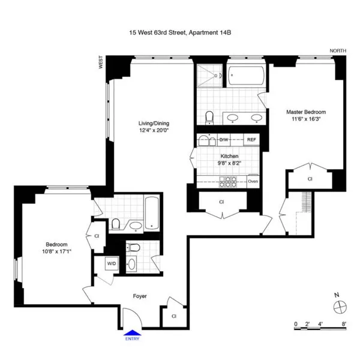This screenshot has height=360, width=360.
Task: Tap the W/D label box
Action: pos(112,263)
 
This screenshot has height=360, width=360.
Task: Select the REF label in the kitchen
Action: pos(251,140)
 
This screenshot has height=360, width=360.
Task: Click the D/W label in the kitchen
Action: pos(223,140)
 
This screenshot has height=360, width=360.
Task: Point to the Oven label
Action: pos(253,181)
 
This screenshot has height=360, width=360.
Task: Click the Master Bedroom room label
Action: pos(305,112)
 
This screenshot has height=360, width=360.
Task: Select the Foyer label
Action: pos(139,296)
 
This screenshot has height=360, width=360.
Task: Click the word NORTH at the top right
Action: pos(338,52)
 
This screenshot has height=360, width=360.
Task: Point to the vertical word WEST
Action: pos(101,63)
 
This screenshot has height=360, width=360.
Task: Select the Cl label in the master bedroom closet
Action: pos(310,179)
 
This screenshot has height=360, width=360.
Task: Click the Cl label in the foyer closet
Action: pos(173,316)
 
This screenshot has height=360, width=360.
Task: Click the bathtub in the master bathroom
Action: pos(247,76)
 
